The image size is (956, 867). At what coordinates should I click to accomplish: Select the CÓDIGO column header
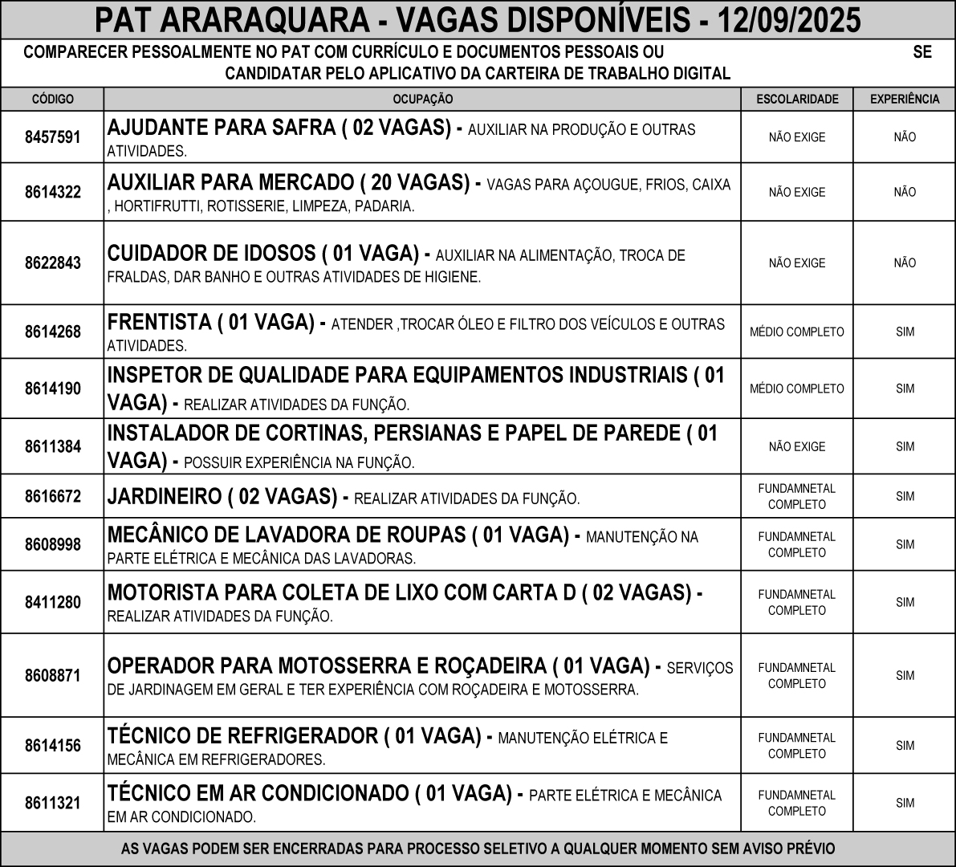tap(52, 100)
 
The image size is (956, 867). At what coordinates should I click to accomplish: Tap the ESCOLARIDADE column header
tap(797, 100)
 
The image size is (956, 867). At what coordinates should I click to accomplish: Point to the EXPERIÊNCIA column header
tap(905, 100)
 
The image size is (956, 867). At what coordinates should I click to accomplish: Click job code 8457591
tap(52, 137)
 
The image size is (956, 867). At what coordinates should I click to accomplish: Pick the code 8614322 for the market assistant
tap(52, 193)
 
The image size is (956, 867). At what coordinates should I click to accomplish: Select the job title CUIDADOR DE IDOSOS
tap(211, 254)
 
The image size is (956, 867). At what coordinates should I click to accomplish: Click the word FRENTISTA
tap(159, 323)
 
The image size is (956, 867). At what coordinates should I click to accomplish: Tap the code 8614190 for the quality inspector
tap(52, 389)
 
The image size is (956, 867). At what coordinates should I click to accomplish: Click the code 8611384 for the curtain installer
tap(52, 446)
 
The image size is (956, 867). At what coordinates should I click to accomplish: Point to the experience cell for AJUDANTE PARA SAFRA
tap(905, 137)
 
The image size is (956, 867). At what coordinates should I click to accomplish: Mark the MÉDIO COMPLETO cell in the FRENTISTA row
tap(797, 332)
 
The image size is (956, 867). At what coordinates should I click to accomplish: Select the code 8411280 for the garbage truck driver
tap(52, 602)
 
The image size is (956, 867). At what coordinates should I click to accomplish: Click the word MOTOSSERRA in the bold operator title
tap(327, 666)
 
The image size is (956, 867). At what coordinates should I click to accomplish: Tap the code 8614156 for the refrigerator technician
tap(52, 746)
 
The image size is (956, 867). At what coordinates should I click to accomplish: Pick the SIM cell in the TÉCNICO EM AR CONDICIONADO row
tap(905, 803)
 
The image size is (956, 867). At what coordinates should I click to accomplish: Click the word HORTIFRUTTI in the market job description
tap(157, 206)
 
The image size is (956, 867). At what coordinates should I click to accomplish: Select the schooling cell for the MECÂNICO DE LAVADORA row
tap(797, 544)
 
